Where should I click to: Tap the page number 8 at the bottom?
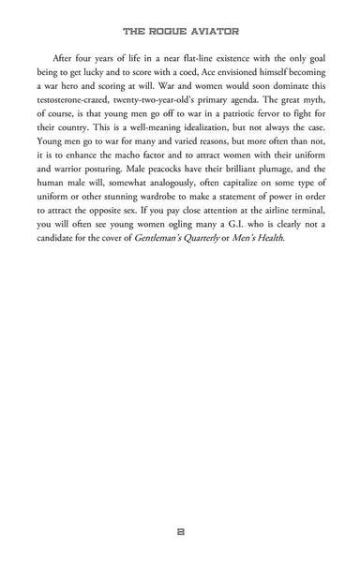pyautogui.click(x=180, y=530)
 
